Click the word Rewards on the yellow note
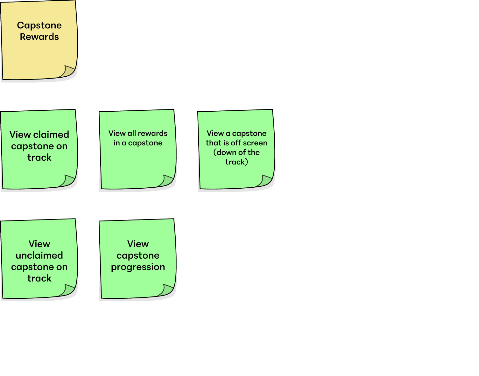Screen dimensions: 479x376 click(x=39, y=37)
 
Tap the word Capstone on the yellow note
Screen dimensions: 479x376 click(x=39, y=25)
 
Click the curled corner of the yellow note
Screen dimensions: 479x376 click(x=67, y=72)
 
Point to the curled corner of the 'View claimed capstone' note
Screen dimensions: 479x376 click(x=67, y=181)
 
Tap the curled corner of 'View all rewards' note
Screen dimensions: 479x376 click(x=166, y=181)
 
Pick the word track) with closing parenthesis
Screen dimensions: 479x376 click(x=236, y=162)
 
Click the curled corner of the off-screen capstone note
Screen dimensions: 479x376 click(x=265, y=181)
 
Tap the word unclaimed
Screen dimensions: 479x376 click(x=39, y=255)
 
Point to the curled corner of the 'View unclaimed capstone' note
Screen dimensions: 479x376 click(x=67, y=290)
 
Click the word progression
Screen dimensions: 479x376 click(x=138, y=267)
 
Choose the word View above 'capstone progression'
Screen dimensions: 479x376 click(x=138, y=244)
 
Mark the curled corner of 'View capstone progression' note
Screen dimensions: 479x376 click(x=166, y=290)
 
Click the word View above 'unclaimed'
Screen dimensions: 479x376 click(x=39, y=244)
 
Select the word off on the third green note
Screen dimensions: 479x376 click(x=236, y=143)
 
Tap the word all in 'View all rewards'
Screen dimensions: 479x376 click(x=131, y=133)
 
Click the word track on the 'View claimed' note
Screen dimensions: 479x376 click(x=39, y=157)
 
